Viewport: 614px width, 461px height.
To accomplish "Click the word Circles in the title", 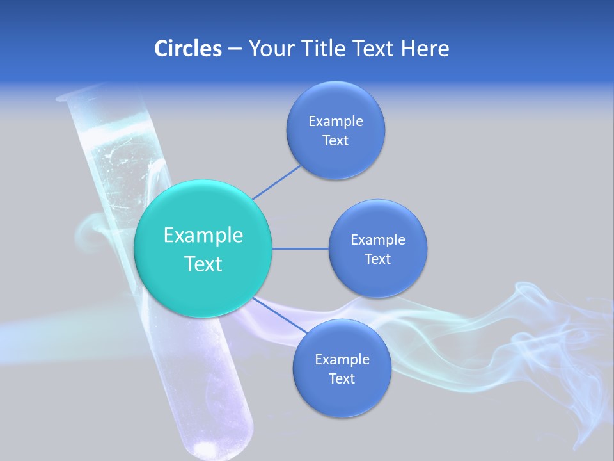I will pos(187,48).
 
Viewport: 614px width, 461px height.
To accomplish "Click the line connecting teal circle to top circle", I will pos(276,182).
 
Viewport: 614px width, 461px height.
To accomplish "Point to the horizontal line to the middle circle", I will pos(301,248).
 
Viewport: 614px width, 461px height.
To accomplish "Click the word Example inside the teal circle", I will pos(203,235).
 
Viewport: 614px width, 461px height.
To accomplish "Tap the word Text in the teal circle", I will pos(203,264).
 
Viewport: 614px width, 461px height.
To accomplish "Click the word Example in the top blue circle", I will pos(335,121).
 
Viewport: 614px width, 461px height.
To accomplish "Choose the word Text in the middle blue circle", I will pos(377,259).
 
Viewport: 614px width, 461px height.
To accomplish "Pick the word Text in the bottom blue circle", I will pos(342,378).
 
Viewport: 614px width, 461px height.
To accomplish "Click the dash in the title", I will pos(234,49).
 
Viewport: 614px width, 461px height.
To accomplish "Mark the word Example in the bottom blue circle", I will pos(342,359).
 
